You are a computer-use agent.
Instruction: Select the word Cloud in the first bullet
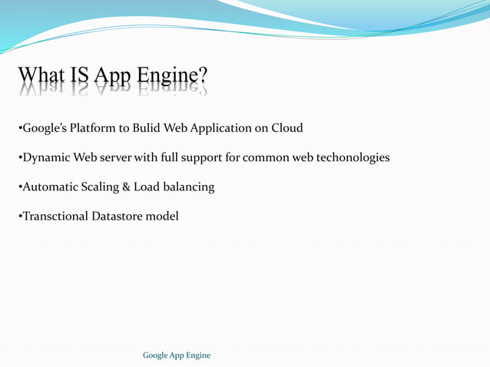click(x=285, y=128)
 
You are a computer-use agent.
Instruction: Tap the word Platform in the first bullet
click(x=96, y=128)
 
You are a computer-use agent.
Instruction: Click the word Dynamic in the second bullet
click(x=47, y=158)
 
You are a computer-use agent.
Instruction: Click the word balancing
click(x=187, y=187)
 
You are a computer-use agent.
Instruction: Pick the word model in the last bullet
click(x=164, y=217)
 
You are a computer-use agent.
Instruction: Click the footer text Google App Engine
click(x=177, y=355)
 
